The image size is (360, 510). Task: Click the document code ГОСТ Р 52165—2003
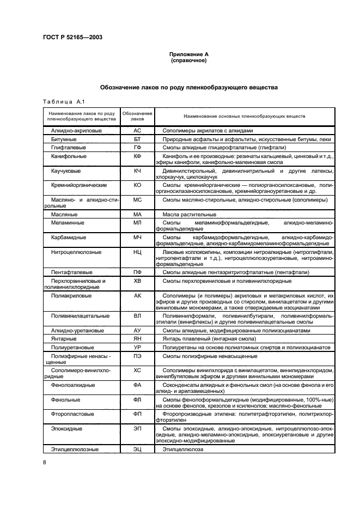pyautogui.click(x=72, y=38)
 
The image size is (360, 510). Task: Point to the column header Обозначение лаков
pyautogui.click(x=137, y=116)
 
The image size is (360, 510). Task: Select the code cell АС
pyautogui.click(x=137, y=131)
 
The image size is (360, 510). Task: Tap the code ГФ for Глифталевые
pyautogui.click(x=137, y=148)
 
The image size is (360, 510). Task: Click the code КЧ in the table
pyautogui.click(x=137, y=171)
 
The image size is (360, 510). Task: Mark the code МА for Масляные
pyautogui.click(x=137, y=215)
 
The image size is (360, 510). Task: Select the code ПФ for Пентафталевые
pyautogui.click(x=137, y=272)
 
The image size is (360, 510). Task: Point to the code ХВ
pyautogui.click(x=137, y=281)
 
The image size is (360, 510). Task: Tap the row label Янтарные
pyautogui.click(x=64, y=338)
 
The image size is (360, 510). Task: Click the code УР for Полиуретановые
pyautogui.click(x=137, y=347)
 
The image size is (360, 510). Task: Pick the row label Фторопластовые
pyautogui.click(x=72, y=413)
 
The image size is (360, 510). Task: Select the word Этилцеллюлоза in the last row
pyautogui.click(x=182, y=450)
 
